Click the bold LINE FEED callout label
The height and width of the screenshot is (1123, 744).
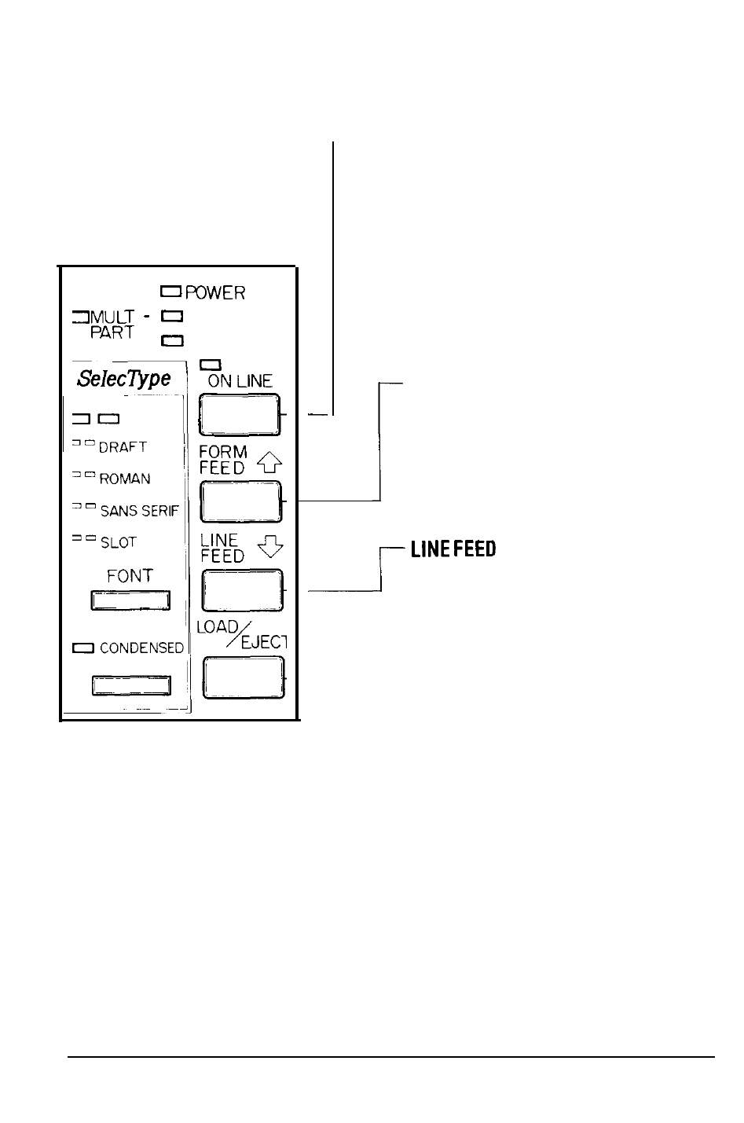pos(453,549)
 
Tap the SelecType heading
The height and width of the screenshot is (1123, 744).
pos(124,379)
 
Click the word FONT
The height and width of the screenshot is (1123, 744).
pos(130,576)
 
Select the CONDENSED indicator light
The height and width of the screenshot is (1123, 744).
pos(83,648)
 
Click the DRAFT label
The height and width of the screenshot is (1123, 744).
pos(123,447)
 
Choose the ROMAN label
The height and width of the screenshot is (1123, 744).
pos(125,479)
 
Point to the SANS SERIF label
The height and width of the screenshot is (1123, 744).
pos(140,511)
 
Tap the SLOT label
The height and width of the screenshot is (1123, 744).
pos(119,543)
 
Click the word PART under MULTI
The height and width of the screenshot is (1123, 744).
pos(111,333)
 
